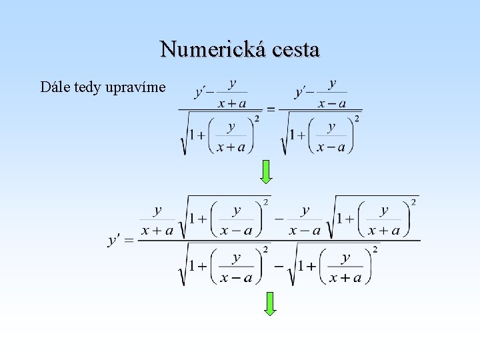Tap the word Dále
click(53, 87)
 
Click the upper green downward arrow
click(266, 171)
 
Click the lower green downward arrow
click(269, 303)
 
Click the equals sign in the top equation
click(271, 109)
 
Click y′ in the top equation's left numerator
click(202, 93)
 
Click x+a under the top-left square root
click(231, 147)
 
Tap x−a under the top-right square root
click(331, 147)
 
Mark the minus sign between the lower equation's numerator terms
click(279, 219)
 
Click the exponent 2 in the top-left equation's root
click(256, 119)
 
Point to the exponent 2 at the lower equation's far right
click(414, 202)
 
